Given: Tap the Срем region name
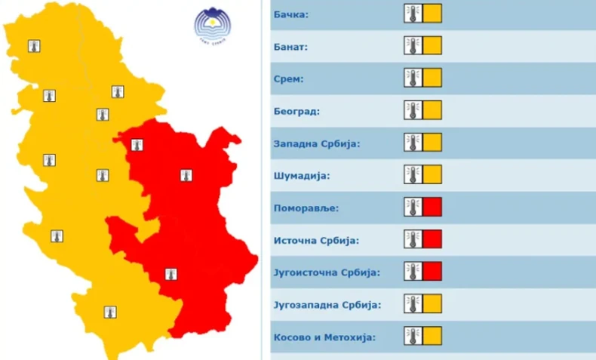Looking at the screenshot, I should (x=290, y=78).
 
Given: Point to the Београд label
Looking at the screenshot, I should (x=296, y=111).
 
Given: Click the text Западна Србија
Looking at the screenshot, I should (x=317, y=143).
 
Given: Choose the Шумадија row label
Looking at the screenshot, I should (x=301, y=176).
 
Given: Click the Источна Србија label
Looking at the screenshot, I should (x=315, y=240).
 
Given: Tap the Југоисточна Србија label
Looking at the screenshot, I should (x=326, y=272).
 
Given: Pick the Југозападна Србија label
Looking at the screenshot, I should (x=326, y=305).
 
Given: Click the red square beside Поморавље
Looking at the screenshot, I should (x=432, y=207).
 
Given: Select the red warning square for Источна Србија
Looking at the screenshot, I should (x=432, y=239).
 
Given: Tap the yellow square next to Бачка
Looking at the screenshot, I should (x=432, y=14).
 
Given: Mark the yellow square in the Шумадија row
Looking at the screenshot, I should (x=432, y=174).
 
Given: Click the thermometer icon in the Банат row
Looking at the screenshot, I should (x=413, y=46).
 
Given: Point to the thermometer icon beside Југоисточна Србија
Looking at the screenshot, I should (x=413, y=272).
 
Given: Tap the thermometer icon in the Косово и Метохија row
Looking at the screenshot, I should (x=413, y=336).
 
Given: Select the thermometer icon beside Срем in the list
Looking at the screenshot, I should (x=413, y=78).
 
